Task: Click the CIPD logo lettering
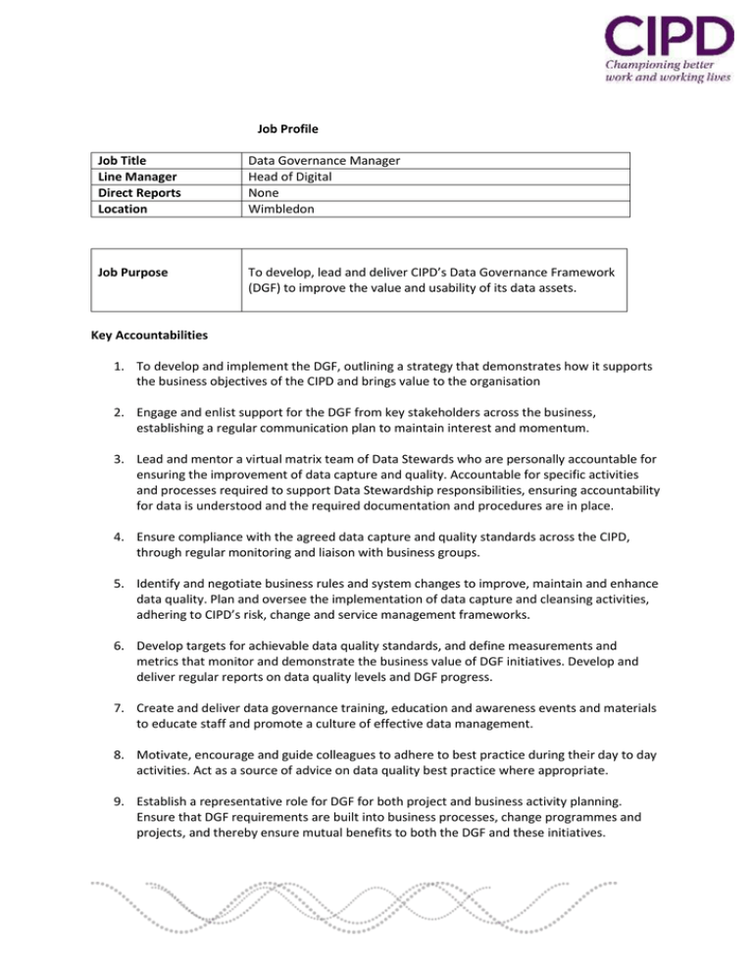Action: click(x=666, y=35)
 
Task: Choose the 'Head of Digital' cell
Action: click(x=293, y=177)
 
